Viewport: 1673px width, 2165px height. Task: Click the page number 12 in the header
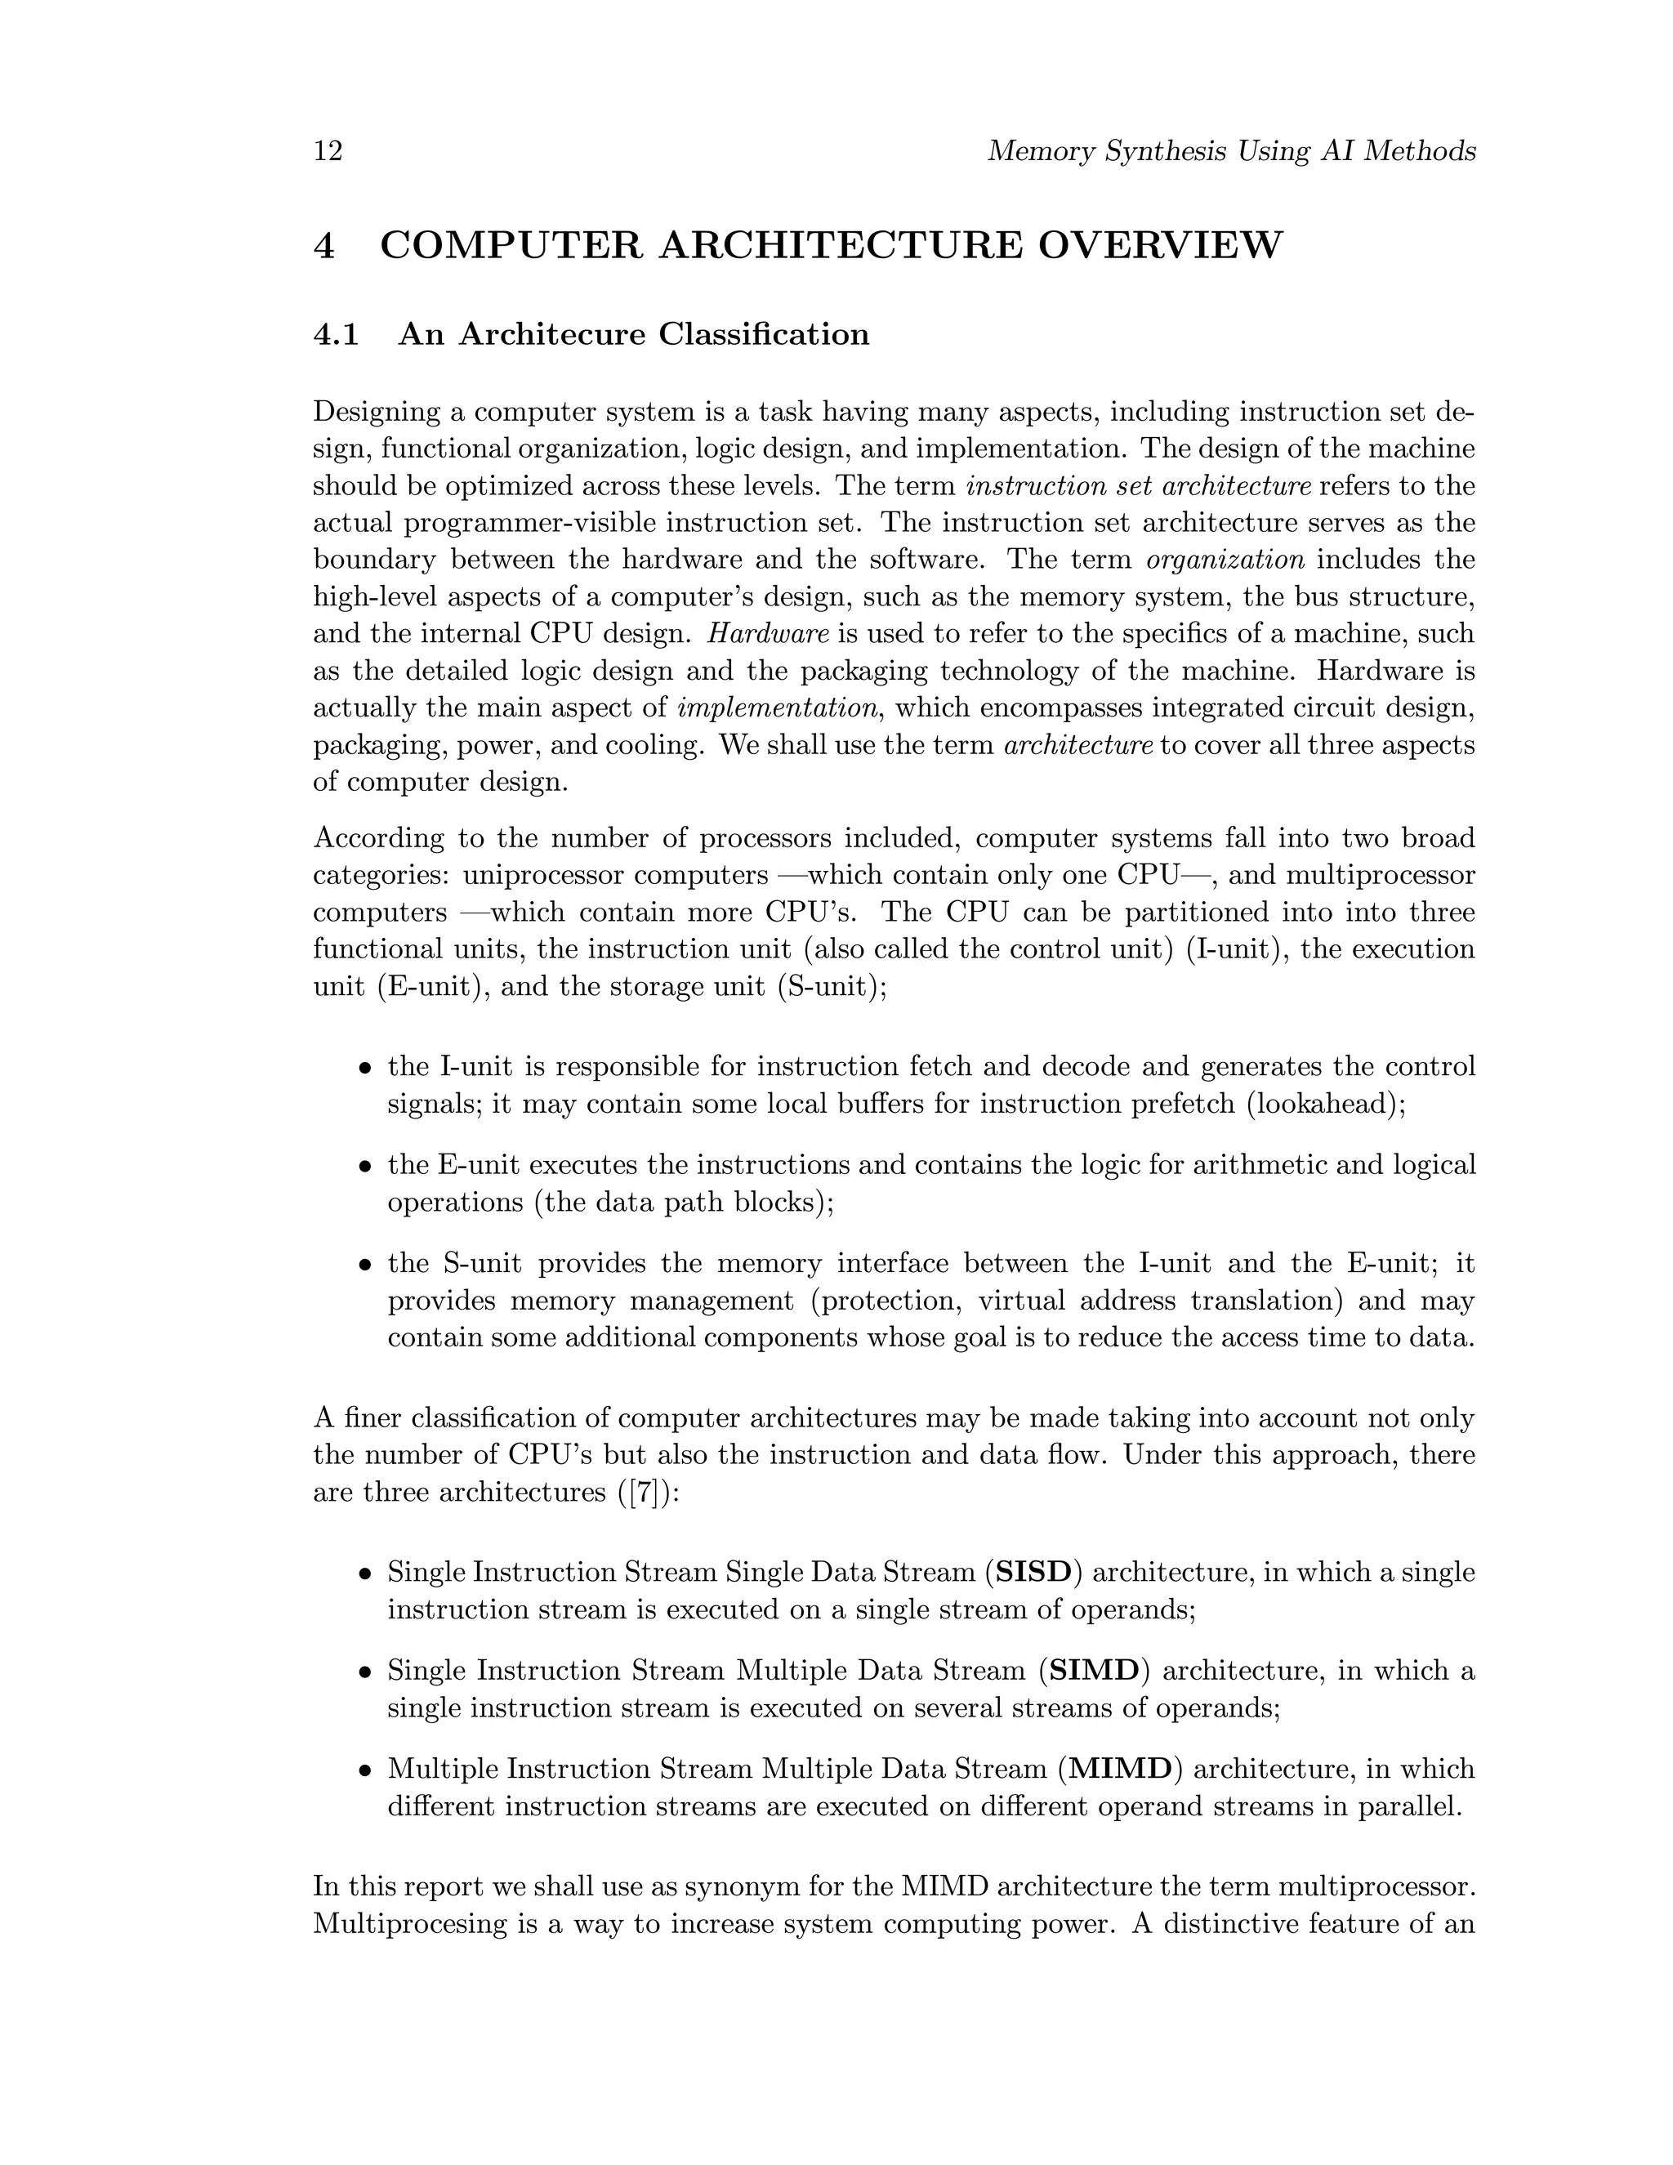pyautogui.click(x=328, y=152)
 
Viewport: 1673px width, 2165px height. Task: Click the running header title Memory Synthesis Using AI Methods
pyautogui.click(x=1231, y=152)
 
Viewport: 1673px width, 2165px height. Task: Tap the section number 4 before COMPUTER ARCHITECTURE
pyautogui.click(x=324, y=245)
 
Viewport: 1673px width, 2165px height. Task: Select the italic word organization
pyautogui.click(x=1225, y=560)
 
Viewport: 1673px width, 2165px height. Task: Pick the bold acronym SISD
pyautogui.click(x=1033, y=1572)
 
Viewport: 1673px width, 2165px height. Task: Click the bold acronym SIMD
pyautogui.click(x=1094, y=1671)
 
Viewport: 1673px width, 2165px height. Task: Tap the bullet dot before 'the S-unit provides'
pyautogui.click(x=366, y=1266)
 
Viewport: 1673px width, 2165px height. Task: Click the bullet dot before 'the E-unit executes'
pyautogui.click(x=366, y=1167)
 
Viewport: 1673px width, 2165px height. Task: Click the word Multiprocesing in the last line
pyautogui.click(x=410, y=1924)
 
